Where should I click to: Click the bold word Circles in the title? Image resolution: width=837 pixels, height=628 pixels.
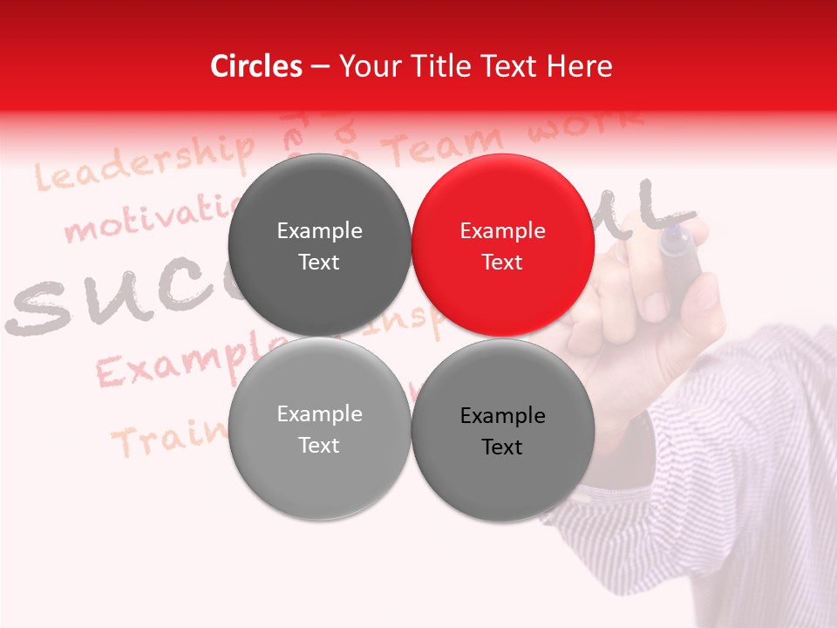click(256, 66)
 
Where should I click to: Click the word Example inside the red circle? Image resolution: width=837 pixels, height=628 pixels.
click(502, 231)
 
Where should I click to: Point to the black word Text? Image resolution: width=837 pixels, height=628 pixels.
click(502, 447)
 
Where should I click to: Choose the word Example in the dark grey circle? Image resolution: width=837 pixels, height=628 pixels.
click(319, 231)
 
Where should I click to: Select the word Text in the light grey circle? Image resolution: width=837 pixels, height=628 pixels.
click(319, 446)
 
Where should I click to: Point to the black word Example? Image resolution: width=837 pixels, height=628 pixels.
click(502, 416)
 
